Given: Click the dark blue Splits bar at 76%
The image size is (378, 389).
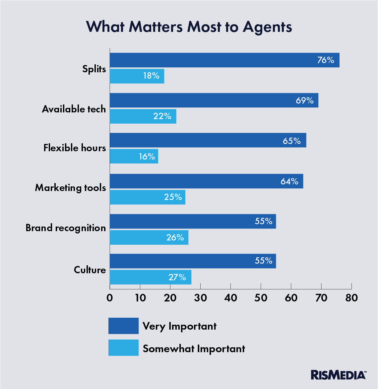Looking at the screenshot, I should point(224,60).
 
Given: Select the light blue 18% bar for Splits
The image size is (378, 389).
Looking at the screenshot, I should point(137,76).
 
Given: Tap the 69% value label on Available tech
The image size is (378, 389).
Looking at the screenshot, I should point(305,100).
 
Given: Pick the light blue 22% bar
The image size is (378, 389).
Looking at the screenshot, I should point(143,116).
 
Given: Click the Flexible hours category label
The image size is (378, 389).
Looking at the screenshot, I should point(75,148).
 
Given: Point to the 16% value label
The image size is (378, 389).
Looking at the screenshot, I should point(147,157).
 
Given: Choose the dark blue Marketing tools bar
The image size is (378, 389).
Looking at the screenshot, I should point(206,181).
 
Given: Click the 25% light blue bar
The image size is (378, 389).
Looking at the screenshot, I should point(147,197).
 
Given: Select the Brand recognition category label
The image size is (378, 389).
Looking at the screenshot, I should point(66,228).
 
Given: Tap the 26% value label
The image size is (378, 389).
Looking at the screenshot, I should point(175,237).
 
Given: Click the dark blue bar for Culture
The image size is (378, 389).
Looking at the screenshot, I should point(193,261).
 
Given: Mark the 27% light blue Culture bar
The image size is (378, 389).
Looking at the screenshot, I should point(150,277).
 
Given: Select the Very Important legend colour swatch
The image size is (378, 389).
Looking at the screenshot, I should point(123,326).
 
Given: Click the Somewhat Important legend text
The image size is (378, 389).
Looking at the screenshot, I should point(194,349).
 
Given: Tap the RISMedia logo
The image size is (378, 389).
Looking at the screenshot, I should point(338,375).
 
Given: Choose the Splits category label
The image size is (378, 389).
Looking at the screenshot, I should point(94,69).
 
